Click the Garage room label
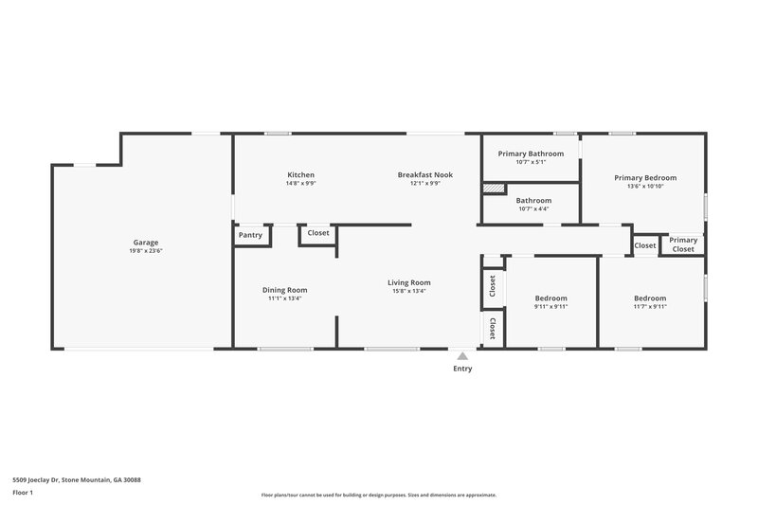[x=145, y=243]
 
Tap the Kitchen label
[x=301, y=174]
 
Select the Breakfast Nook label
[x=424, y=174]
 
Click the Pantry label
[x=250, y=235]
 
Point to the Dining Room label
[x=284, y=290]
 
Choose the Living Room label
[x=408, y=282]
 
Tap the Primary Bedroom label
[x=645, y=177]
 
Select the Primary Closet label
[x=683, y=244]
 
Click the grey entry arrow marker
[x=461, y=357]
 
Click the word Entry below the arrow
[x=461, y=370]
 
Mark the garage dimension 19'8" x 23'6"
[x=145, y=251]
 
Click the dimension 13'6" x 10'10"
[x=645, y=187]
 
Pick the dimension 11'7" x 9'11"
[x=650, y=307]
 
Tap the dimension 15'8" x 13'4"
[x=408, y=291]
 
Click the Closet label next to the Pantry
[x=318, y=232]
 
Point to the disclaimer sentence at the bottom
[x=379, y=495]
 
